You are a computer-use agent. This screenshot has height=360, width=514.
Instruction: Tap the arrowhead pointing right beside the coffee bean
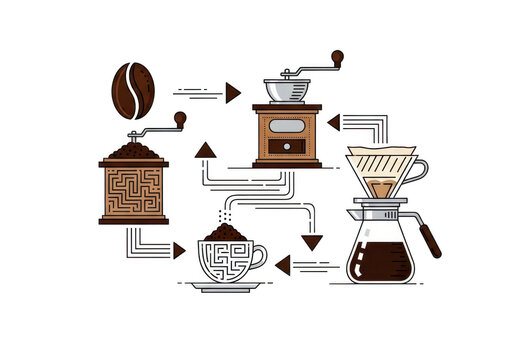click(x=232, y=93)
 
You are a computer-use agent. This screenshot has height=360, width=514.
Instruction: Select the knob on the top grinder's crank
click(x=338, y=57)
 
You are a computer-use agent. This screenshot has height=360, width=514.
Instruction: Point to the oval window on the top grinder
click(x=287, y=127)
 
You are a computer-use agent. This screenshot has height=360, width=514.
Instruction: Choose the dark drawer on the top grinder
click(x=287, y=147)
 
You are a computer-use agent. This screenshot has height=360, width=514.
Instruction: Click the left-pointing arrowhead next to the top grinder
click(x=333, y=122)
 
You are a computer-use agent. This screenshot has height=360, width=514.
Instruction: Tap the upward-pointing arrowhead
click(x=206, y=151)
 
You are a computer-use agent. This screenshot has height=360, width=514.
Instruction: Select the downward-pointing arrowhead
click(x=313, y=242)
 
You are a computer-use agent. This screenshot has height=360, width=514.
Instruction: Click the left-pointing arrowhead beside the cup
click(x=282, y=265)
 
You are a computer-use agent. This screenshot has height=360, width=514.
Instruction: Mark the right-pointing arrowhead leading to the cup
click(x=179, y=250)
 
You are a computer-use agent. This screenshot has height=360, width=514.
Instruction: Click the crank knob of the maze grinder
click(x=180, y=119)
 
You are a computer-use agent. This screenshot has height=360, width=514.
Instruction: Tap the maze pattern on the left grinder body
click(x=133, y=192)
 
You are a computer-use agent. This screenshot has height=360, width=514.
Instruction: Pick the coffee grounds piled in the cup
click(x=226, y=234)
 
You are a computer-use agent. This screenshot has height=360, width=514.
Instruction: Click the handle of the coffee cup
click(x=259, y=258)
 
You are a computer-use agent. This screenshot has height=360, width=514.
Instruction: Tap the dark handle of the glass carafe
click(x=430, y=240)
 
